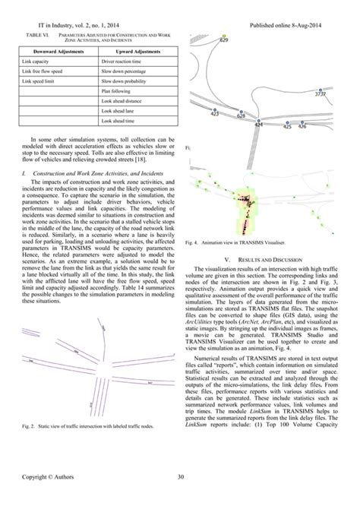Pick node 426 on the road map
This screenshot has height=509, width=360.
302,123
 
